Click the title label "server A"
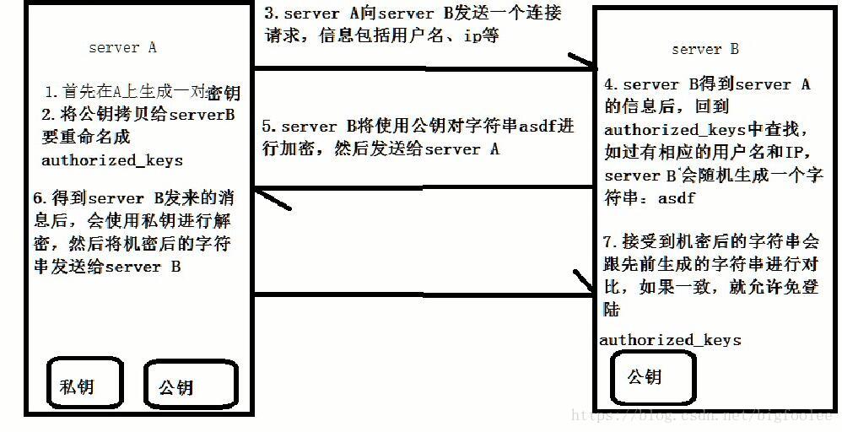(122, 48)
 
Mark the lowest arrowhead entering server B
(585, 283)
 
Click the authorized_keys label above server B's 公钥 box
(670, 340)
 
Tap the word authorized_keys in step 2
(112, 159)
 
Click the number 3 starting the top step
(270, 14)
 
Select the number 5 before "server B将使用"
(266, 127)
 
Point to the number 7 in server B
(609, 239)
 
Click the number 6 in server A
(37, 198)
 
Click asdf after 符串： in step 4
(677, 198)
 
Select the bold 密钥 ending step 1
(224, 92)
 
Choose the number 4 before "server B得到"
(610, 84)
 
